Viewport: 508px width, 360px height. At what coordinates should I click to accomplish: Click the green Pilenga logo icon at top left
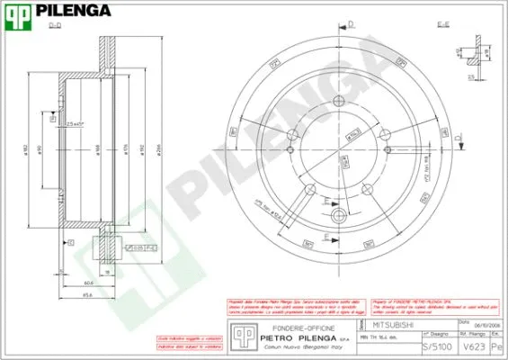pos(19,13)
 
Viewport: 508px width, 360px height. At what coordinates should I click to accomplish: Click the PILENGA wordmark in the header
pos(74,12)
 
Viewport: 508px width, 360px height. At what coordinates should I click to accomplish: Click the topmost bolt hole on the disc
pos(338,101)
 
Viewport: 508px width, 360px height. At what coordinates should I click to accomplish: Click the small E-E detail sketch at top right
pos(468,56)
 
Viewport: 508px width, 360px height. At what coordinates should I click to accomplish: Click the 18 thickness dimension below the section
pos(105,270)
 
